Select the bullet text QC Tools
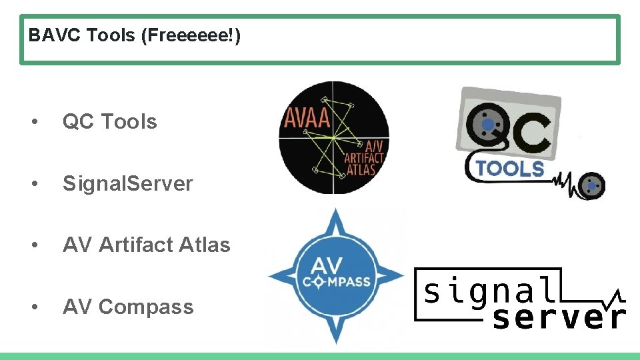(x=110, y=122)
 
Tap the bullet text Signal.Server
(x=127, y=183)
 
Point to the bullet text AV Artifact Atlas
(x=146, y=245)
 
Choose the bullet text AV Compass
(x=128, y=307)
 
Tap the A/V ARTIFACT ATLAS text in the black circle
(x=365, y=157)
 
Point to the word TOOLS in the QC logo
(x=510, y=169)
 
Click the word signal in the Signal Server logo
(x=490, y=291)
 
